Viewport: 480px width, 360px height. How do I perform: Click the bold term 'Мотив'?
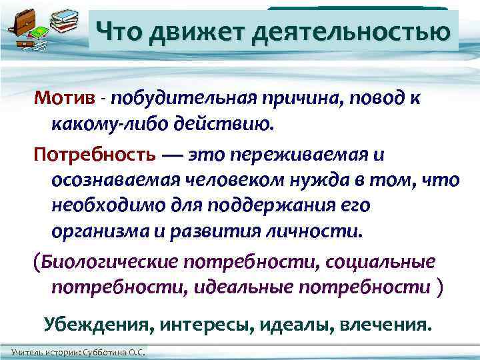pyautogui.click(x=63, y=99)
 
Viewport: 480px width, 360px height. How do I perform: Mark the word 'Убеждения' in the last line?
pyautogui.click(x=91, y=324)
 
